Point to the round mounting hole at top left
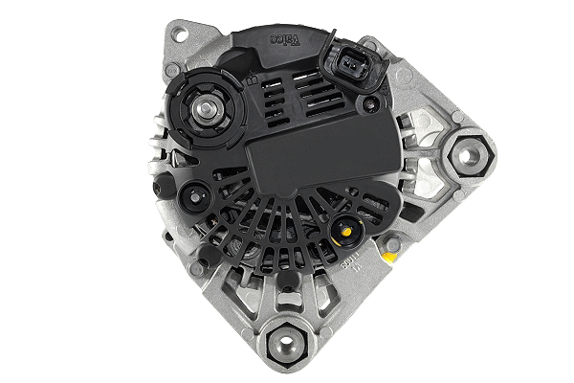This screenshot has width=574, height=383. pyautogui.click(x=177, y=35)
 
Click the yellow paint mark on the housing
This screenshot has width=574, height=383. pyautogui.click(x=391, y=245)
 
